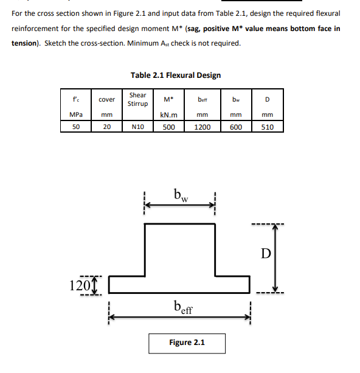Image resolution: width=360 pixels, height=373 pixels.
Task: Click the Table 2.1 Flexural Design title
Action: click(175, 75)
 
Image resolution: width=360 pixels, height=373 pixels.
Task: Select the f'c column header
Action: click(76, 99)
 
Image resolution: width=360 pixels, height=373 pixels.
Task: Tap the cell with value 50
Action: click(76, 127)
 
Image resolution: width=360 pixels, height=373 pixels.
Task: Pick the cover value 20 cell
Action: click(106, 127)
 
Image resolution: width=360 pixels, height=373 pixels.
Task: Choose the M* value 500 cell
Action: click(168, 127)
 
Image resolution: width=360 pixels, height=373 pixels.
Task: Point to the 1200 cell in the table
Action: click(202, 127)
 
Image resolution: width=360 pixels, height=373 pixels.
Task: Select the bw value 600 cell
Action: click(237, 127)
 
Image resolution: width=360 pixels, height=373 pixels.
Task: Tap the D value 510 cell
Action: click(267, 127)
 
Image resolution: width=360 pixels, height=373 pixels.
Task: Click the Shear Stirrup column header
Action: click(137, 99)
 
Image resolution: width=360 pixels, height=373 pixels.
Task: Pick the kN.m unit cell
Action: click(168, 114)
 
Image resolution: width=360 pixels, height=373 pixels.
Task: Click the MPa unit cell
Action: click(76, 114)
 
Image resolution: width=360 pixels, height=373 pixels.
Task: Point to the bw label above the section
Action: click(181, 196)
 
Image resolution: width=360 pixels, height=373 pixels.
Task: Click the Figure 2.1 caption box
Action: click(187, 343)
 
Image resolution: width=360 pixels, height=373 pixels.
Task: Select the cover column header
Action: click(106, 99)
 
